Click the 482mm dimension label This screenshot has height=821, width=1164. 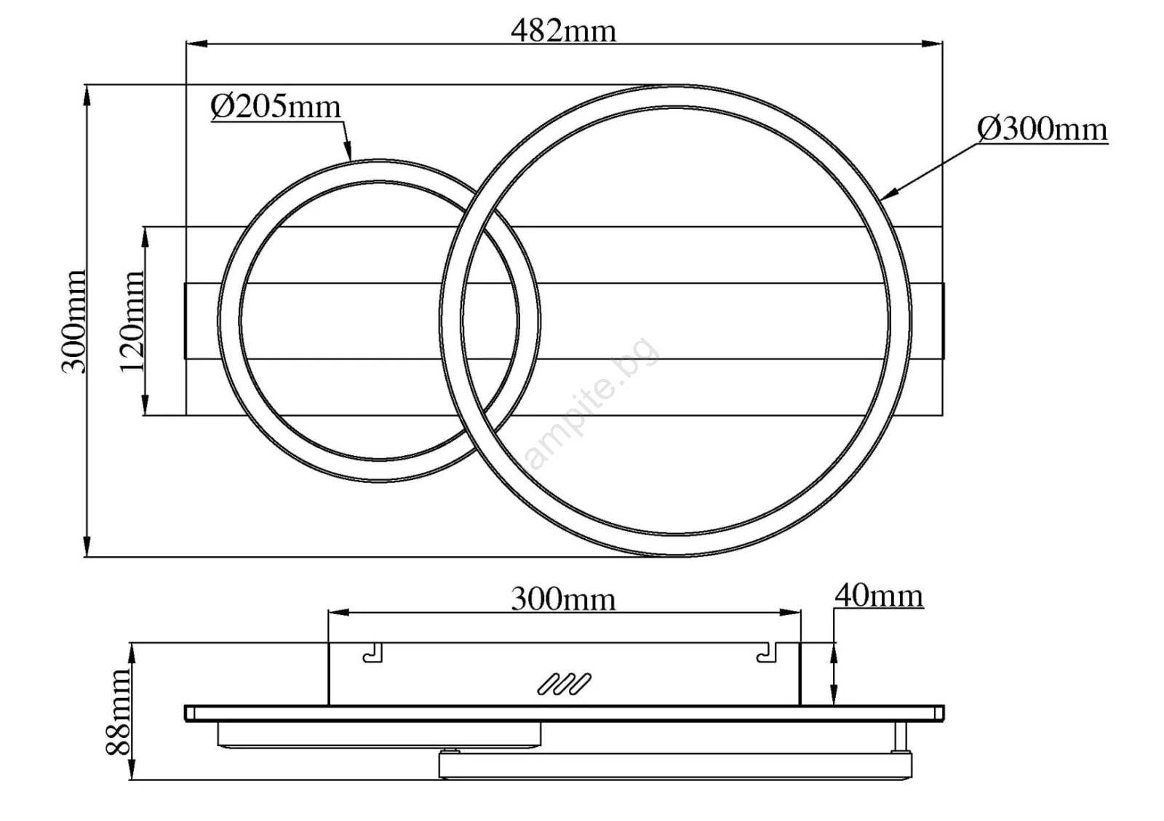pyautogui.click(x=564, y=31)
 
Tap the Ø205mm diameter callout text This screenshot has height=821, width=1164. pyautogui.click(x=276, y=107)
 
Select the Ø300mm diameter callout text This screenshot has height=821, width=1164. pyautogui.click(x=1043, y=129)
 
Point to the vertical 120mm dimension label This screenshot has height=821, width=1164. pyautogui.click(x=132, y=321)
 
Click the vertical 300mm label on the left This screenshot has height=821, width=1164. pyautogui.click(x=73, y=321)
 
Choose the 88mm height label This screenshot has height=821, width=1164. pyautogui.click(x=117, y=712)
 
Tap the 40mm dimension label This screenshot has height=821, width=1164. pyautogui.click(x=879, y=596)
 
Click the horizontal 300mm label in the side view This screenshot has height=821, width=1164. pyautogui.click(x=564, y=599)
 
